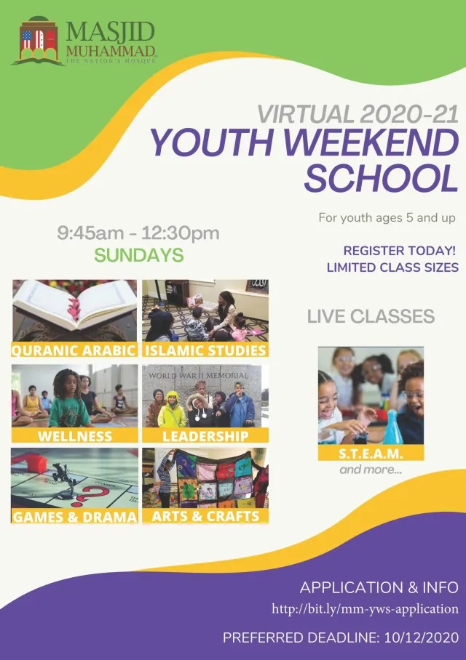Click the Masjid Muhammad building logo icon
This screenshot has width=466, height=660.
click(x=39, y=41)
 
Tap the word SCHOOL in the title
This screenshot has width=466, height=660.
click(x=381, y=178)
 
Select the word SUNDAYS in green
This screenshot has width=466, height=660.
click(x=139, y=254)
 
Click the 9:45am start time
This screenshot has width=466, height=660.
click(x=91, y=233)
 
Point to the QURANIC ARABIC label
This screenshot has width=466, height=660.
click(x=74, y=350)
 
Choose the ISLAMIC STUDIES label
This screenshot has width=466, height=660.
click(x=205, y=350)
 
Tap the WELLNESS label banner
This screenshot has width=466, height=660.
click(x=75, y=435)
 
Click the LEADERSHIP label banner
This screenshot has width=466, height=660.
click(x=205, y=435)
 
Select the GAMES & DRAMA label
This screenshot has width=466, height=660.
click(x=75, y=517)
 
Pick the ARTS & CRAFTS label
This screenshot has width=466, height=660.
click(x=205, y=516)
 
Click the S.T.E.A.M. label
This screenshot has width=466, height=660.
click(x=371, y=454)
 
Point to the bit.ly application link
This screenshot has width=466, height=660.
click(x=365, y=608)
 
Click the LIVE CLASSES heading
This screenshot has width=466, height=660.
click(x=371, y=316)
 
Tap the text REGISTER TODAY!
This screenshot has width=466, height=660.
click(x=399, y=251)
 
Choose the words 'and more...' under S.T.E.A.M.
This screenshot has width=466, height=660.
click(x=371, y=470)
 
